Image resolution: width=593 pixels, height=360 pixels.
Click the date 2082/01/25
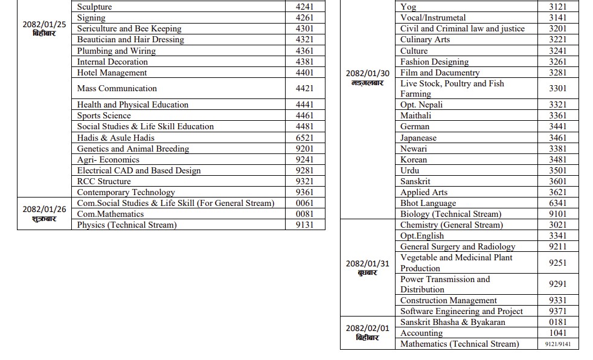pyautogui.click(x=44, y=24)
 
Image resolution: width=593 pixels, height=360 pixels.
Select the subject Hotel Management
pyautogui.click(x=112, y=72)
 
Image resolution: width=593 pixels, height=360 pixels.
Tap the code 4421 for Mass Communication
pyautogui.click(x=304, y=88)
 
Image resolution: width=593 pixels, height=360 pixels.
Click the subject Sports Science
pyautogui.click(x=104, y=115)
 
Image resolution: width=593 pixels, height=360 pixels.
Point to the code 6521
pyautogui.click(x=304, y=138)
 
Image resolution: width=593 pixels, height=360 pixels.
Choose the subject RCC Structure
pyautogui.click(x=104, y=181)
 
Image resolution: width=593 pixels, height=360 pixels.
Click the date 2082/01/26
pyautogui.click(x=44, y=209)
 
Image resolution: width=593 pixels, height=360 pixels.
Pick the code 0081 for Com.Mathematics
pyautogui.click(x=304, y=214)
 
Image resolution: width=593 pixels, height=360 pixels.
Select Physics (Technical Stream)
pyautogui.click(x=127, y=225)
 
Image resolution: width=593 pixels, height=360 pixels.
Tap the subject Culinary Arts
pyautogui.click(x=425, y=39)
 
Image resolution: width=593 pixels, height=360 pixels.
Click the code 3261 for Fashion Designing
pyautogui.click(x=557, y=62)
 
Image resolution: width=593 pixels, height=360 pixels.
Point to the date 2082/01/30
pyautogui.click(x=367, y=73)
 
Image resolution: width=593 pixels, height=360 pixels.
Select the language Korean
pyautogui.click(x=414, y=159)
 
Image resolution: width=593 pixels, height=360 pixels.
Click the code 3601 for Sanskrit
pyautogui.click(x=557, y=181)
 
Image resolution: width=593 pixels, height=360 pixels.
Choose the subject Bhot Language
pyautogui.click(x=428, y=203)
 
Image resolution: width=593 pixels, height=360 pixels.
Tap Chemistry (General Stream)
pyautogui.click(x=451, y=225)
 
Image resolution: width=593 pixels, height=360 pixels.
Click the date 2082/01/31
pyautogui.click(x=367, y=263)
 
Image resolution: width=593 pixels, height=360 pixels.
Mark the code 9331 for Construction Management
pyautogui.click(x=557, y=300)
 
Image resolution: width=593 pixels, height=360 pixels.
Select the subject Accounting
pyautogui.click(x=422, y=333)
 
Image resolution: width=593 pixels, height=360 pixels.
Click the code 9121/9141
pyautogui.click(x=557, y=344)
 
